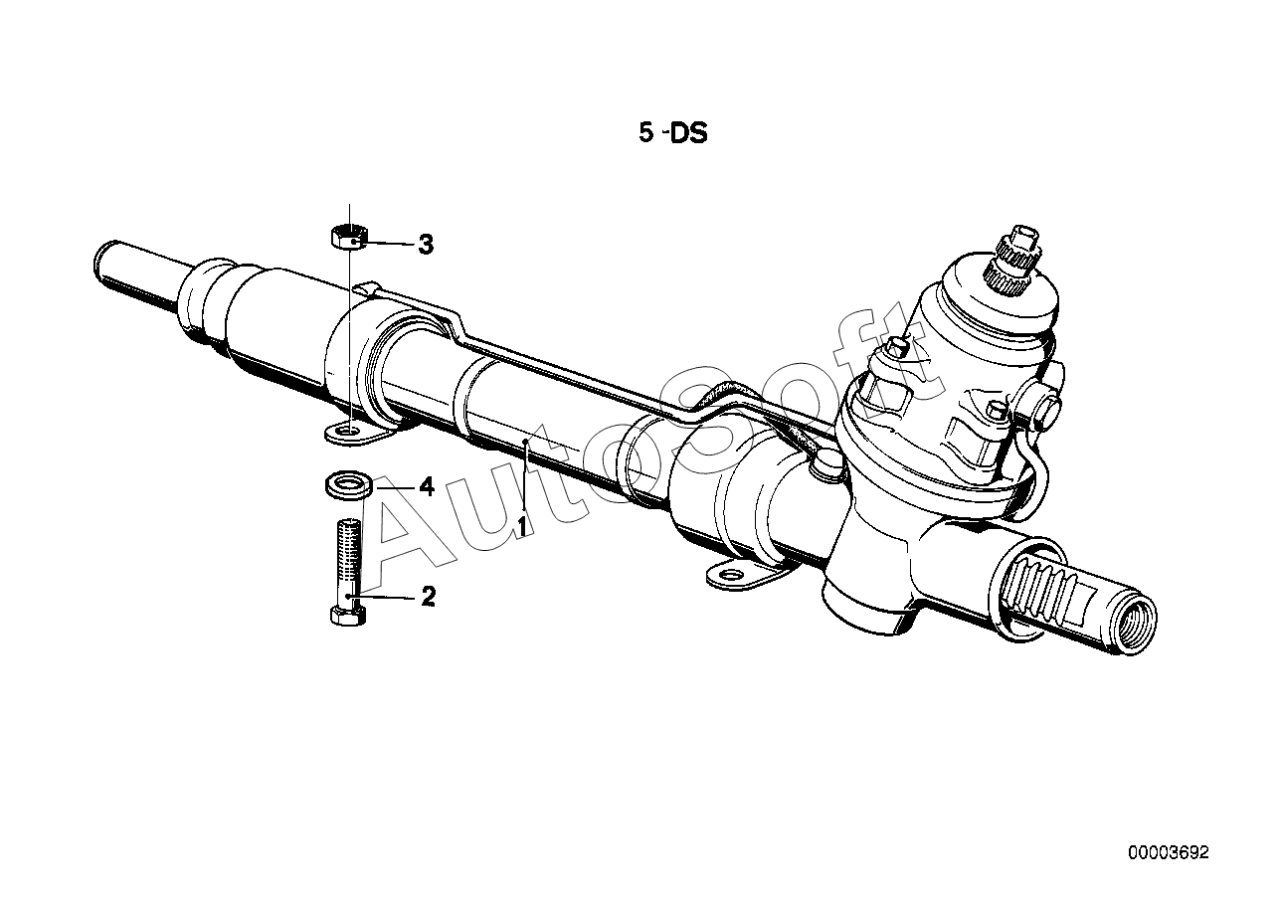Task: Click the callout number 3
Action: pos(426,245)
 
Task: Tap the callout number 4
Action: pos(427,487)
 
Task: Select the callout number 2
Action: pos(429,597)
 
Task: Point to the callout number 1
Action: pos(521,526)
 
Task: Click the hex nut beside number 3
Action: pos(349,237)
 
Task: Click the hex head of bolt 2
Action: pos(348,616)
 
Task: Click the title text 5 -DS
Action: pos(673,133)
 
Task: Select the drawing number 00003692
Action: pos(1169,852)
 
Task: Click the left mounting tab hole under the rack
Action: pos(349,430)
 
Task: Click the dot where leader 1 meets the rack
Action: pos(525,441)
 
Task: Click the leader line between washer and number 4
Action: pos(395,487)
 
